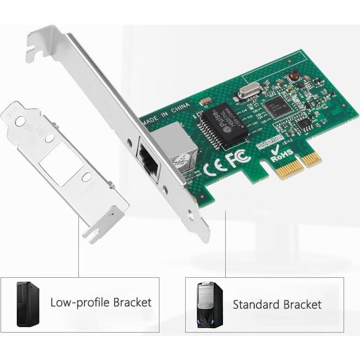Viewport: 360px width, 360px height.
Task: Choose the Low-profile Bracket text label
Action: tap(101, 302)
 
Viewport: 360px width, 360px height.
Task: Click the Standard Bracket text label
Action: tap(277, 304)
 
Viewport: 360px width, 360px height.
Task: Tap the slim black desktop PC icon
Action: tap(27, 304)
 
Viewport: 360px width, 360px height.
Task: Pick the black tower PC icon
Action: tap(210, 305)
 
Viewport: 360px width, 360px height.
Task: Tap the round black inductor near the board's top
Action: tap(294, 74)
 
